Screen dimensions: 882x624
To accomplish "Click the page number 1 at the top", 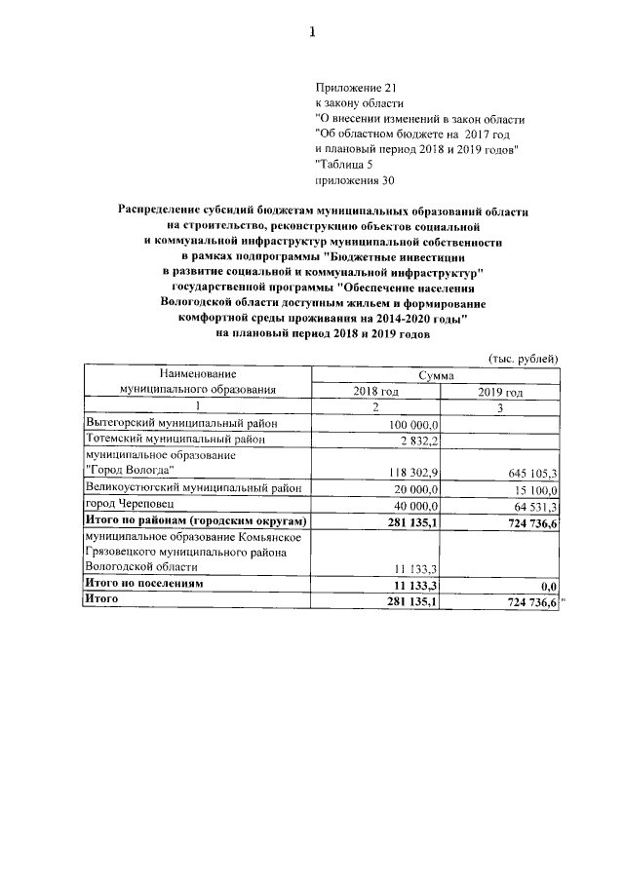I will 312,31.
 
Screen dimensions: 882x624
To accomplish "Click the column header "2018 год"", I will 375,392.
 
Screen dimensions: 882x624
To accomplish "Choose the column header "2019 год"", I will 500,392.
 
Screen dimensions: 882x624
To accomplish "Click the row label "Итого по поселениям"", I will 144,584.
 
